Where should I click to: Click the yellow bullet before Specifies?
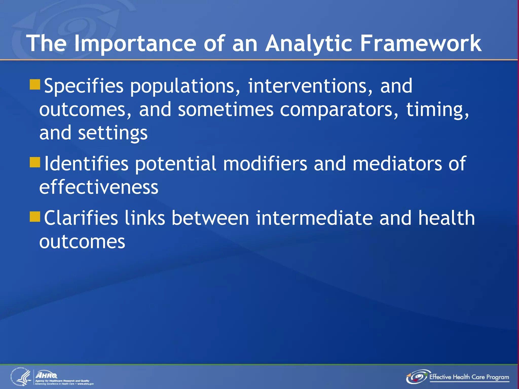click(35, 85)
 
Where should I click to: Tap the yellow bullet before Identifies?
click(35, 162)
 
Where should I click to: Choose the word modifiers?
click(265, 164)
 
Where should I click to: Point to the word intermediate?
click(314, 218)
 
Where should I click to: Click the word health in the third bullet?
click(446, 218)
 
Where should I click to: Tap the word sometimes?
click(226, 110)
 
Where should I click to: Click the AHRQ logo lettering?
click(47, 375)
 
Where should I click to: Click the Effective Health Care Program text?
click(469, 377)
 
